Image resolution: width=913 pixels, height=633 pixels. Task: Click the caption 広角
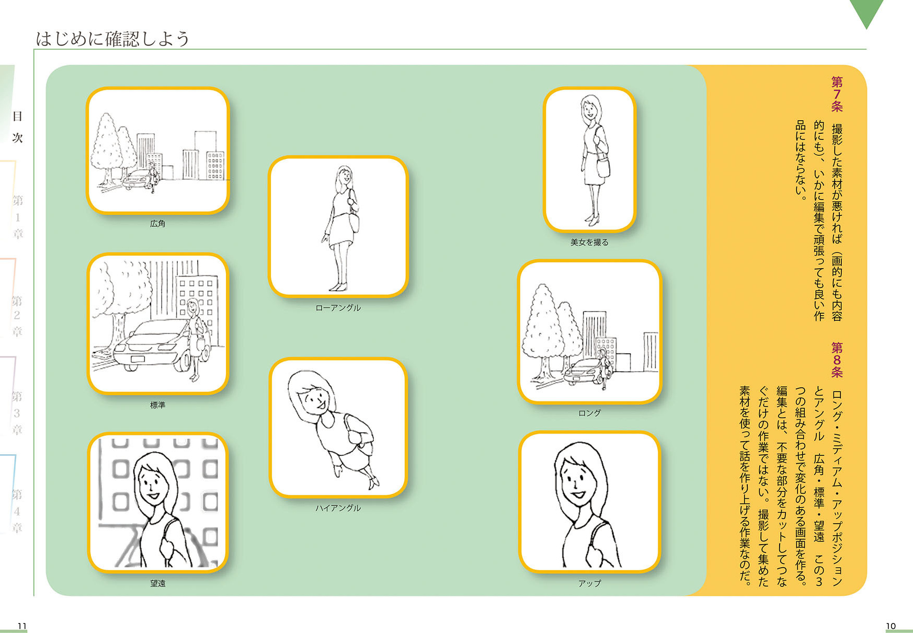[x=157, y=224]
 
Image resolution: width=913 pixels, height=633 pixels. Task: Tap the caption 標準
[x=157, y=405]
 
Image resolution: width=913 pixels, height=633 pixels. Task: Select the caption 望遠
[x=157, y=583]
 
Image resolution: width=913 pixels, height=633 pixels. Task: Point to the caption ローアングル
[x=338, y=308]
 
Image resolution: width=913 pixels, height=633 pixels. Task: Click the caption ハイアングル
[x=338, y=508]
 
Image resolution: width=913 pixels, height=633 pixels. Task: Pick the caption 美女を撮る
[x=589, y=243]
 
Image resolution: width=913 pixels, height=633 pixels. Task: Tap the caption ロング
[x=589, y=413]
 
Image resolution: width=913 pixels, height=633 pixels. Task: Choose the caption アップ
[x=589, y=583]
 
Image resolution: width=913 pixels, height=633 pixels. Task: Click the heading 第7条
[x=837, y=94]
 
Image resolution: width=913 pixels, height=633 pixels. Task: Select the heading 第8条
[x=837, y=360]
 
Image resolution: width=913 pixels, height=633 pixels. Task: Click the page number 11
[x=22, y=626]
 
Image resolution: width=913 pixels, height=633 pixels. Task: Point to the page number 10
[x=891, y=626]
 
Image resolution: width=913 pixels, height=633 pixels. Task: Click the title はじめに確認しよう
[x=112, y=38]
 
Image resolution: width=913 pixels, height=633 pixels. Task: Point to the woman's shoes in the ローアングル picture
[x=338, y=287]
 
